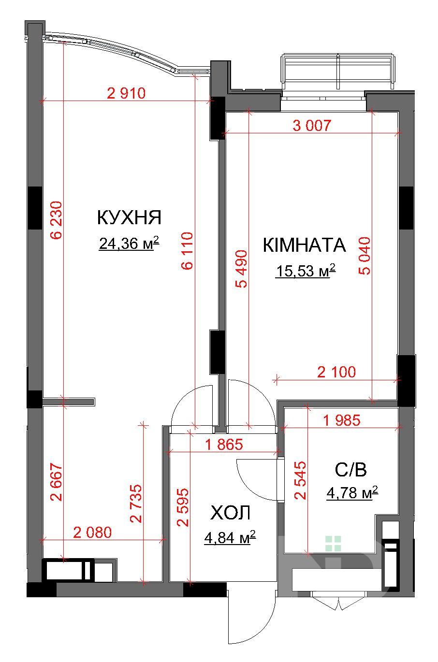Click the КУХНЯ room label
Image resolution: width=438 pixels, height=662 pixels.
tap(129, 217)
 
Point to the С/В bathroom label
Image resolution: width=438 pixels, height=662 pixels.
tap(351, 469)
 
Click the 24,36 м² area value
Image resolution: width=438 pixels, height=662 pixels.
tap(129, 244)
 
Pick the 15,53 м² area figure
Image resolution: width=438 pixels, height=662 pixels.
tap(306, 271)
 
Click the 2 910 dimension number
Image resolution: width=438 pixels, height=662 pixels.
tap(126, 93)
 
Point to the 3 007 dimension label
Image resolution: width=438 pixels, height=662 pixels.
tap(312, 125)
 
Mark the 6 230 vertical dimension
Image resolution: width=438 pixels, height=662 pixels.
tap(56, 220)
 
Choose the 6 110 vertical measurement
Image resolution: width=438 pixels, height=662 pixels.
tap(187, 251)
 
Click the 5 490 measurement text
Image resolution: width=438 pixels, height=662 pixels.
tap(241, 269)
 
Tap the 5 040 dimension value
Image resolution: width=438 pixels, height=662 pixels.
tap(365, 256)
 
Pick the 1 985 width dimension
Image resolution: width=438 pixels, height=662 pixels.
tap(342, 420)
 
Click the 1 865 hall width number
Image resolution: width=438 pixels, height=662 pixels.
tap(224, 444)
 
